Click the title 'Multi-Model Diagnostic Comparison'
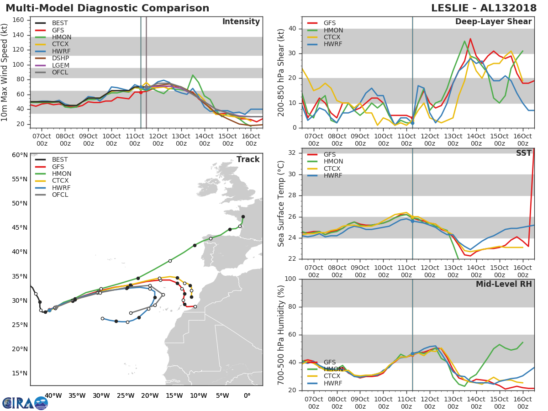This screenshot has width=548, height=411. click(107, 8)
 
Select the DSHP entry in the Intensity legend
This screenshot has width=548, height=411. click(61, 58)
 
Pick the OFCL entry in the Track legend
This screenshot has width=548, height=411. click(60, 195)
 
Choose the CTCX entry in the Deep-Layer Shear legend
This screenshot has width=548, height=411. click(333, 37)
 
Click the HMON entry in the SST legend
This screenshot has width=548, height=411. click(333, 162)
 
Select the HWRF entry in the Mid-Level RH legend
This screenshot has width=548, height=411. click(333, 383)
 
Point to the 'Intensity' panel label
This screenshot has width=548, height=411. click(241, 22)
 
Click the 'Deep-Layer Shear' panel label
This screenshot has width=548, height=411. click(493, 22)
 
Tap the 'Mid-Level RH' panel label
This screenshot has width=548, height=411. click(504, 284)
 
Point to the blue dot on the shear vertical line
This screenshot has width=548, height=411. click(412, 123)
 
